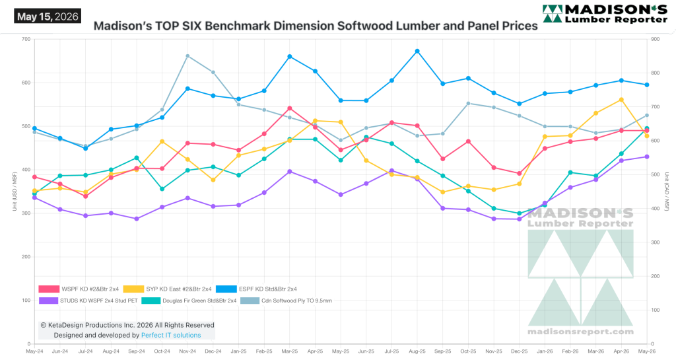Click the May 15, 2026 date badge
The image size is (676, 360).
(48, 17)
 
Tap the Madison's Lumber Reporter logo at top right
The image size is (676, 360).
(605, 14)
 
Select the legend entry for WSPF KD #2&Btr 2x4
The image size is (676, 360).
(79, 289)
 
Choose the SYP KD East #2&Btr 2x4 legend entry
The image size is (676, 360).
(167, 289)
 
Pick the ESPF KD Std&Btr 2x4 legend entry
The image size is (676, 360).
(257, 289)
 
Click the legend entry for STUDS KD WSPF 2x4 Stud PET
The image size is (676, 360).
(88, 301)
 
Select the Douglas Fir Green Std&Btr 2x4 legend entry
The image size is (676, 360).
(189, 301)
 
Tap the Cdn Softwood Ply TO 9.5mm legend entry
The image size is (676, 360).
(286, 301)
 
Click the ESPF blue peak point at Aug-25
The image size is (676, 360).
(417, 52)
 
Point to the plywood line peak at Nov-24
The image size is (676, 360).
(187, 56)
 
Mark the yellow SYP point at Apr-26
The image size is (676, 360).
(622, 100)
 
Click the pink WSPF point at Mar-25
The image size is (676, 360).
(290, 108)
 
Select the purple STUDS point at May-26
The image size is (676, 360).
(647, 157)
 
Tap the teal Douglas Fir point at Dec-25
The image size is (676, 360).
(520, 213)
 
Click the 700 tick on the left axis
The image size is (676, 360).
(26, 39)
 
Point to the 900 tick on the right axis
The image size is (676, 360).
(656, 39)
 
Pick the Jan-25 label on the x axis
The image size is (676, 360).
(238, 351)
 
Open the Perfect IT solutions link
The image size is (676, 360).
(171, 335)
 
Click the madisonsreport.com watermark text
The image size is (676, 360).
(581, 332)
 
